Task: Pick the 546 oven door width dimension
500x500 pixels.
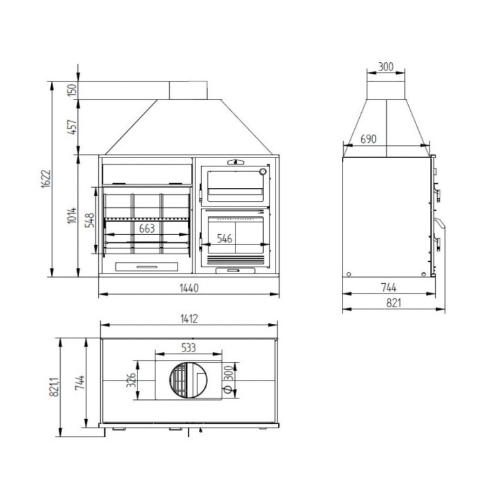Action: pyautogui.click(x=224, y=239)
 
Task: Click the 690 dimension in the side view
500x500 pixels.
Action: pyautogui.click(x=368, y=140)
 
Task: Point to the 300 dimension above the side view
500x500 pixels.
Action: pyautogui.click(x=386, y=67)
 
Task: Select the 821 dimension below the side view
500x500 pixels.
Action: pyautogui.click(x=394, y=302)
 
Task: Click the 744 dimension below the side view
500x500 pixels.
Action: pyautogui.click(x=388, y=287)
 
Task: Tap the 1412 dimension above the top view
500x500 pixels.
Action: pyautogui.click(x=189, y=319)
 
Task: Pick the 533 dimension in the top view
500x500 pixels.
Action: pyautogui.click(x=188, y=348)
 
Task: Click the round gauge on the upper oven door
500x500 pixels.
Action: pyautogui.click(x=262, y=171)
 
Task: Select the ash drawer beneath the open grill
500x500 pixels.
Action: pyautogui.click(x=146, y=266)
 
